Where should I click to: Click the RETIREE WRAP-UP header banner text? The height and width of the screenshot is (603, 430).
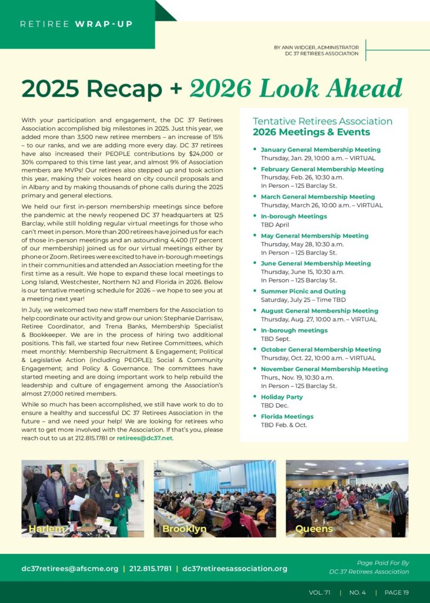[76, 24]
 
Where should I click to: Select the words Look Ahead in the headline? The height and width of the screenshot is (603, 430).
[331, 89]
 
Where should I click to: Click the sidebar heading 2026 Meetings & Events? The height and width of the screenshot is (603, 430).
[312, 132]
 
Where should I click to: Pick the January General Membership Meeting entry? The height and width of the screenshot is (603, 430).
[321, 150]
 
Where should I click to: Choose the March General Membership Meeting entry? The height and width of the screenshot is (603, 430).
[318, 197]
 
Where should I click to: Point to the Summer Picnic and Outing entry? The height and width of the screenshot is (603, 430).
[303, 291]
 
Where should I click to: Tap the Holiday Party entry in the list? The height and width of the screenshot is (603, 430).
[282, 397]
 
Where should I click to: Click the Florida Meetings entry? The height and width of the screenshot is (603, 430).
[287, 416]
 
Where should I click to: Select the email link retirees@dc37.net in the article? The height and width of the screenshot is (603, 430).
[145, 438]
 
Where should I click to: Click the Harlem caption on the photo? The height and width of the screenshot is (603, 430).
[46, 529]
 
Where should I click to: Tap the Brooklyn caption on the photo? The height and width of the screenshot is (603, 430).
[184, 529]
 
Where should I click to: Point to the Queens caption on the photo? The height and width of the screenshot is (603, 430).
[314, 529]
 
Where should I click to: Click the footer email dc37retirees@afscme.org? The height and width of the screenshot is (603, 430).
[70, 569]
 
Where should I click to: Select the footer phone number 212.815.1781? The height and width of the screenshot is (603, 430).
[150, 569]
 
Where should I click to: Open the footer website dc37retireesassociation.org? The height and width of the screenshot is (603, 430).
[235, 569]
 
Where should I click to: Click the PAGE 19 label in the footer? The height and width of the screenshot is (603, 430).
[396, 592]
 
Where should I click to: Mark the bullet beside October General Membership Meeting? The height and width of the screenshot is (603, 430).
[255, 350]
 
